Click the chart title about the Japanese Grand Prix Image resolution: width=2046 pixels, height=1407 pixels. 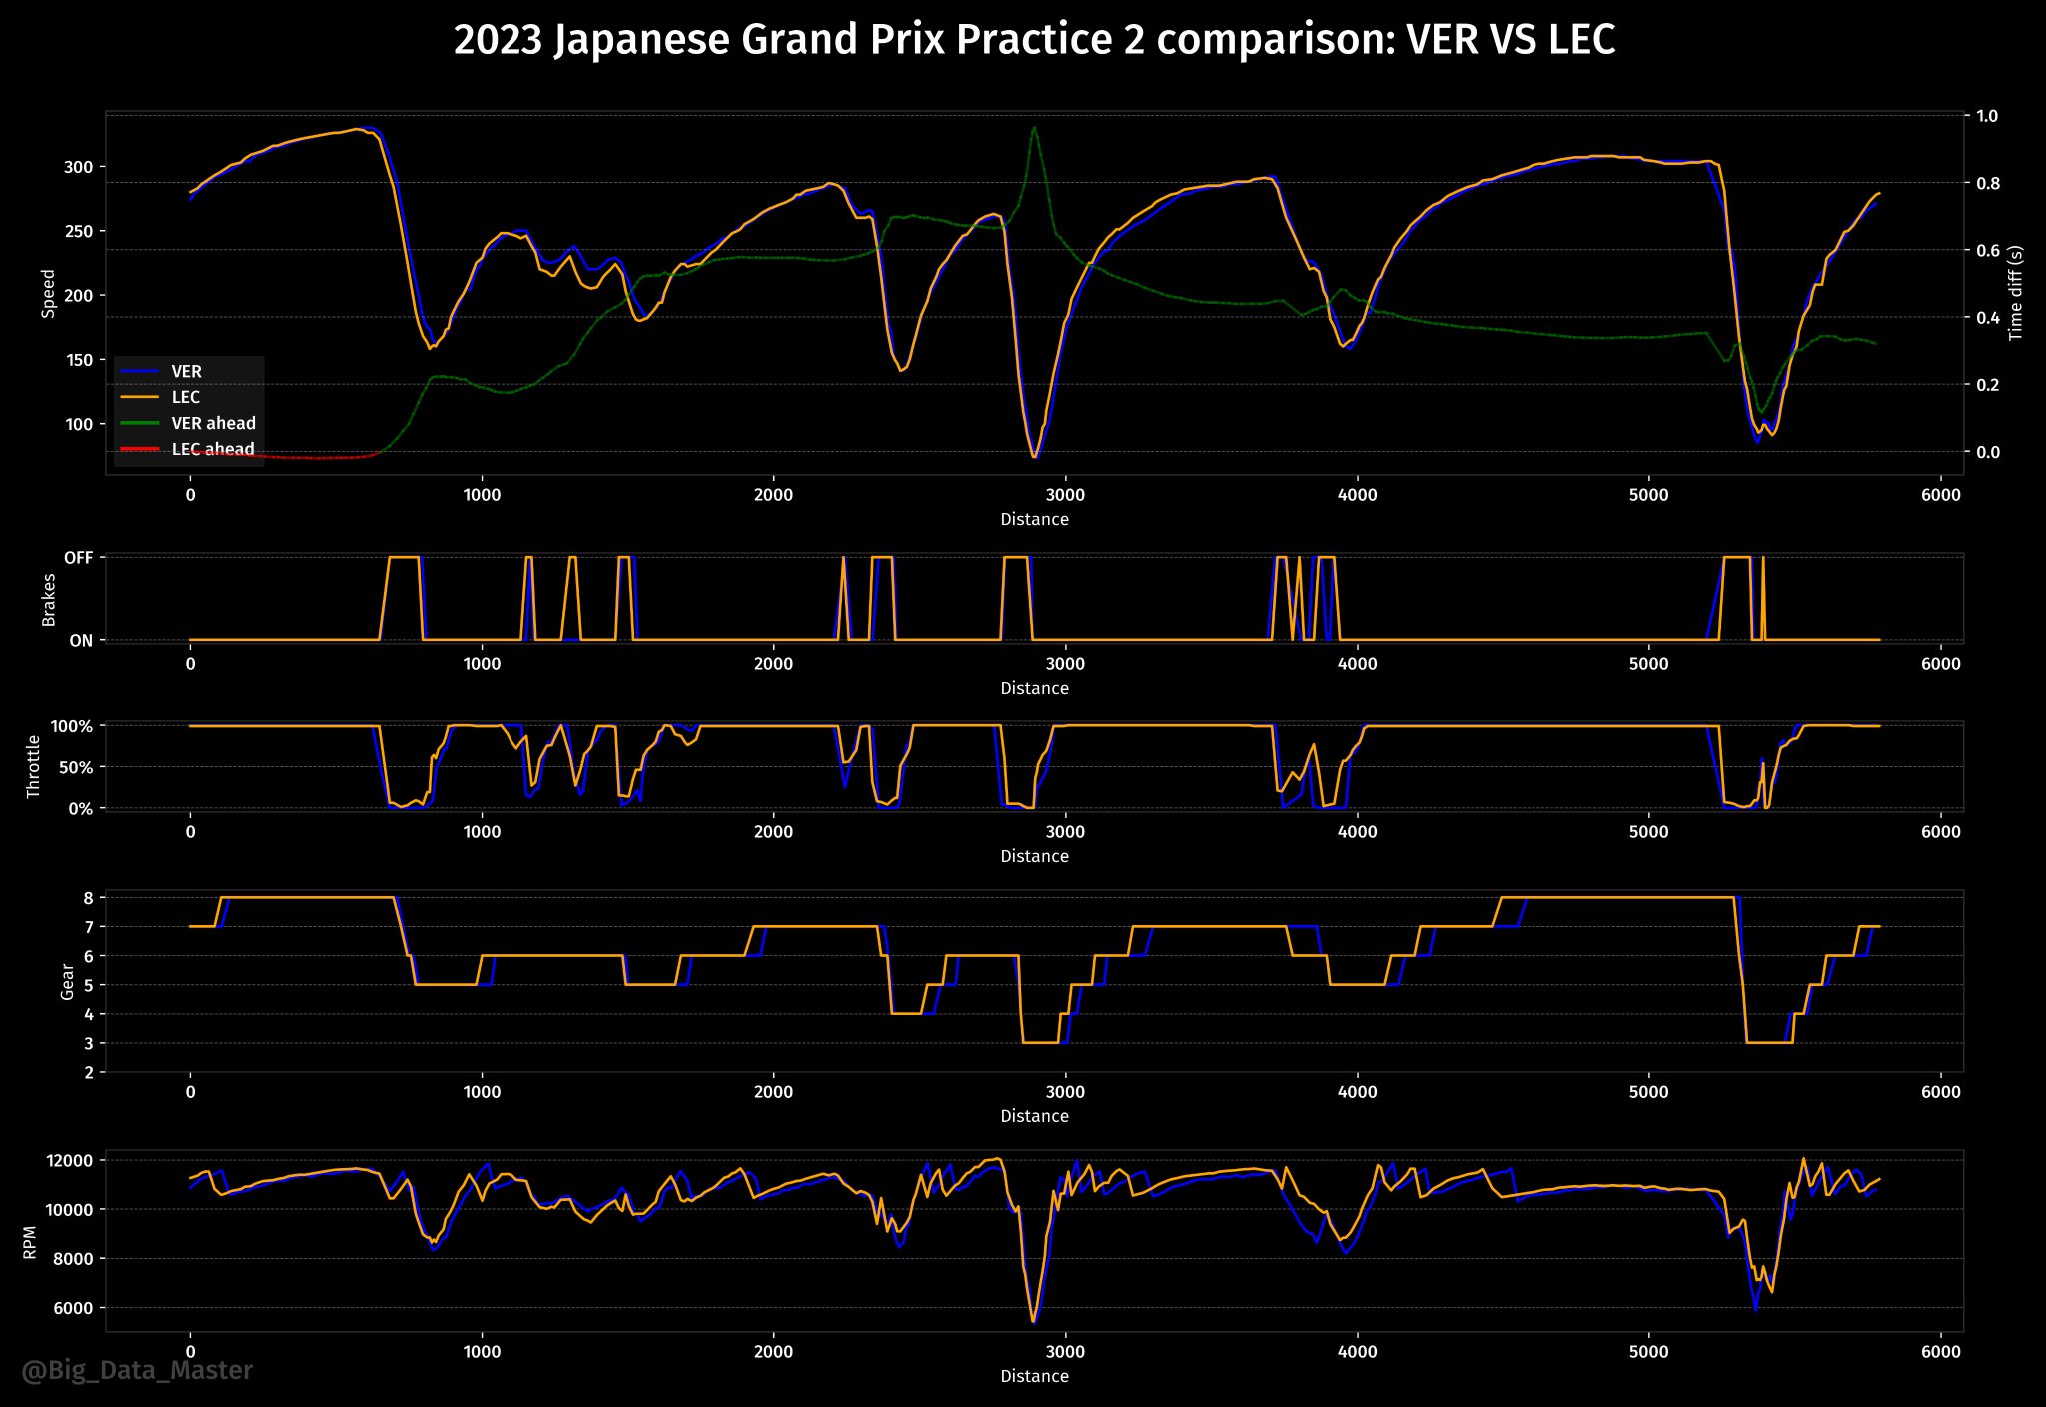pos(1034,40)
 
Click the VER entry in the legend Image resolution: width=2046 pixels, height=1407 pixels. pos(186,372)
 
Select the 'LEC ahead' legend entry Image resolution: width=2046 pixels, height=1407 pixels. pos(213,450)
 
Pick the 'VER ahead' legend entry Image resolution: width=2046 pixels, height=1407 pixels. pos(213,424)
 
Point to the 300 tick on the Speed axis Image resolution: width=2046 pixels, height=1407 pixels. pos(78,167)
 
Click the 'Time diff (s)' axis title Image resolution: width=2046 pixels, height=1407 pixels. pos(2015,293)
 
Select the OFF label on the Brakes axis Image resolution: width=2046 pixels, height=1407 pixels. pos(78,558)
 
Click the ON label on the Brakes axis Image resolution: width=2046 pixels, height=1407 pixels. pos(81,641)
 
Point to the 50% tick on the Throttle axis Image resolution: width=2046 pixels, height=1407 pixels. pos(72,767)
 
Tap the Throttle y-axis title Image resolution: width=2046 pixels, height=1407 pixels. pos(34,766)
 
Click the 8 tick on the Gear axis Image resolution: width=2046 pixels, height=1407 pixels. pos(88,898)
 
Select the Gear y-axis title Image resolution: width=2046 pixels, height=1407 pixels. pos(68,981)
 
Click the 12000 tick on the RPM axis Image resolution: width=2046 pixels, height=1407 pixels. pos(69,1161)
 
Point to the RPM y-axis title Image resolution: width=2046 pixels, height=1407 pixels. pos(30,1242)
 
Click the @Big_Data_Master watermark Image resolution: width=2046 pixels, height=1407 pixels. pos(137,1370)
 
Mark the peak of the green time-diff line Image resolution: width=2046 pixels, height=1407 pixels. pos(1034,127)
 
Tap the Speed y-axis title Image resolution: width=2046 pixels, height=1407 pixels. pos(48,293)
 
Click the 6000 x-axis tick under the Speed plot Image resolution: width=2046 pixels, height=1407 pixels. pos(1940,495)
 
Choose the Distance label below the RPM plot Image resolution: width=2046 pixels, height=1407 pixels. pos(1034,1376)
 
